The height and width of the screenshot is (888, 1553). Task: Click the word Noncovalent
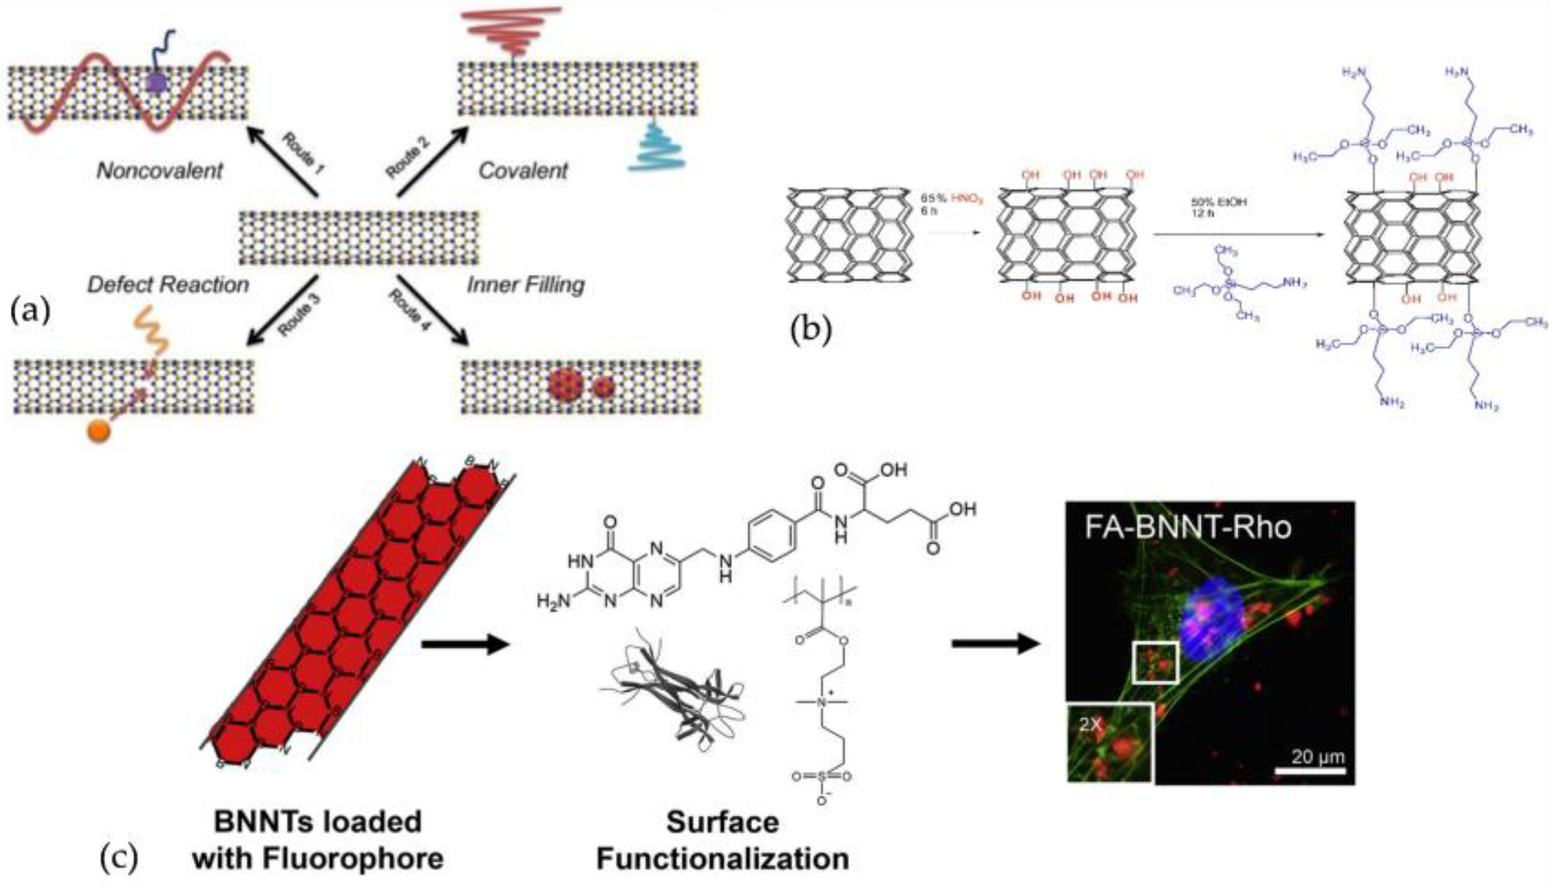click(x=160, y=171)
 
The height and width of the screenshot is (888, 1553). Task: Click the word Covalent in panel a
click(x=523, y=171)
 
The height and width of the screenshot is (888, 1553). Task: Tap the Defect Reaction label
click(x=168, y=285)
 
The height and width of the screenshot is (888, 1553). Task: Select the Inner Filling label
click(x=525, y=285)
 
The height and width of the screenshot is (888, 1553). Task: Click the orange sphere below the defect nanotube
click(x=99, y=431)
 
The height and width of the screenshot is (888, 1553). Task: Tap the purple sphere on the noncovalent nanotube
click(x=158, y=82)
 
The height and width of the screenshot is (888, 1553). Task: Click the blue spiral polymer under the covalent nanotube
click(x=658, y=150)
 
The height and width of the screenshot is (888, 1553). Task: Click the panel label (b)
click(x=811, y=330)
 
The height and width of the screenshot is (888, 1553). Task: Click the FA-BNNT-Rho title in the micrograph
click(x=1187, y=526)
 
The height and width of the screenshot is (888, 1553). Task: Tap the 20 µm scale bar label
click(x=1317, y=757)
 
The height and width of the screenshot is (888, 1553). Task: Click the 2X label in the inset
click(x=1091, y=724)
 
